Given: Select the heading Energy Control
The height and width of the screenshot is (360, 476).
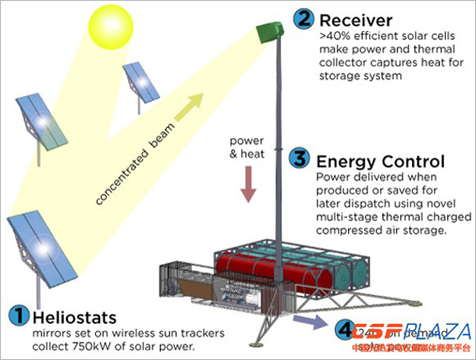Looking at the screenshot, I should click(x=380, y=162).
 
